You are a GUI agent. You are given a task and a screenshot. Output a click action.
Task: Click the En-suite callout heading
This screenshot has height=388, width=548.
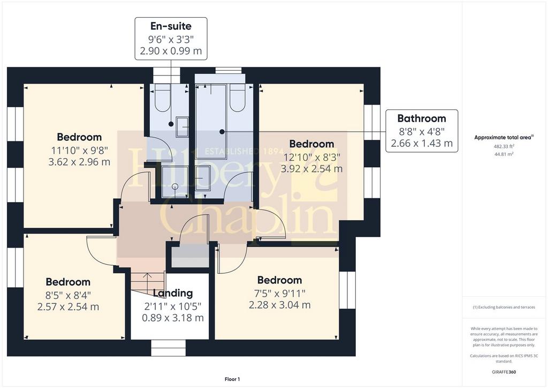[171, 26]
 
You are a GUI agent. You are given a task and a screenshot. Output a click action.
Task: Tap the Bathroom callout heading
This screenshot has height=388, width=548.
[422, 118]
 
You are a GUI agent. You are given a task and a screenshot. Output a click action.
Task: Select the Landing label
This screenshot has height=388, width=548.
[173, 293]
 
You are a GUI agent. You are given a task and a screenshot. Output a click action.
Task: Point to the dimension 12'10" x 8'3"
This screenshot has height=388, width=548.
[311, 157]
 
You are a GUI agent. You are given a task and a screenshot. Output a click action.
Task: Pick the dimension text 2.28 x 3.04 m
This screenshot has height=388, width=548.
[279, 305]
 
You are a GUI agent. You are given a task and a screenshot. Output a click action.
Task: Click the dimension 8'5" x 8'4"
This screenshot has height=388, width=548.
[68, 295]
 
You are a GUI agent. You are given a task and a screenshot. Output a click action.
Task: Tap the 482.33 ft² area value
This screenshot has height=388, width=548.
[504, 147]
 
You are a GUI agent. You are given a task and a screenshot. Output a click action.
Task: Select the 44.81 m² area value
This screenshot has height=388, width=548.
[504, 154]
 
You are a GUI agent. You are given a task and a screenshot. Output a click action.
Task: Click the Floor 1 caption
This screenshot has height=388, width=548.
[232, 379]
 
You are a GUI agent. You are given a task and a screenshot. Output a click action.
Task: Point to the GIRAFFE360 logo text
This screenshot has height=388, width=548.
[504, 372]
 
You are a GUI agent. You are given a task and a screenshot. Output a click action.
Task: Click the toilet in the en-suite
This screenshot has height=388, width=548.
[163, 98]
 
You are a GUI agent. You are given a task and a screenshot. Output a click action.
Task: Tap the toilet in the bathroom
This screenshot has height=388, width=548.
[237, 98]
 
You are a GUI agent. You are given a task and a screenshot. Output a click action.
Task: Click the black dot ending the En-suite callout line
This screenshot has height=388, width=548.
[171, 124]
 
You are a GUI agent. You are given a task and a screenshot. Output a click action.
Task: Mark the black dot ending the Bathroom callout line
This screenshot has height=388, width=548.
[222, 132]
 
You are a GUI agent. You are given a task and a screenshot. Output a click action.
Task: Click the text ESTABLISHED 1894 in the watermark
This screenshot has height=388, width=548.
[243, 152]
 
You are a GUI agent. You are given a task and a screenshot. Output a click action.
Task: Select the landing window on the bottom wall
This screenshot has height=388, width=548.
[168, 348]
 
